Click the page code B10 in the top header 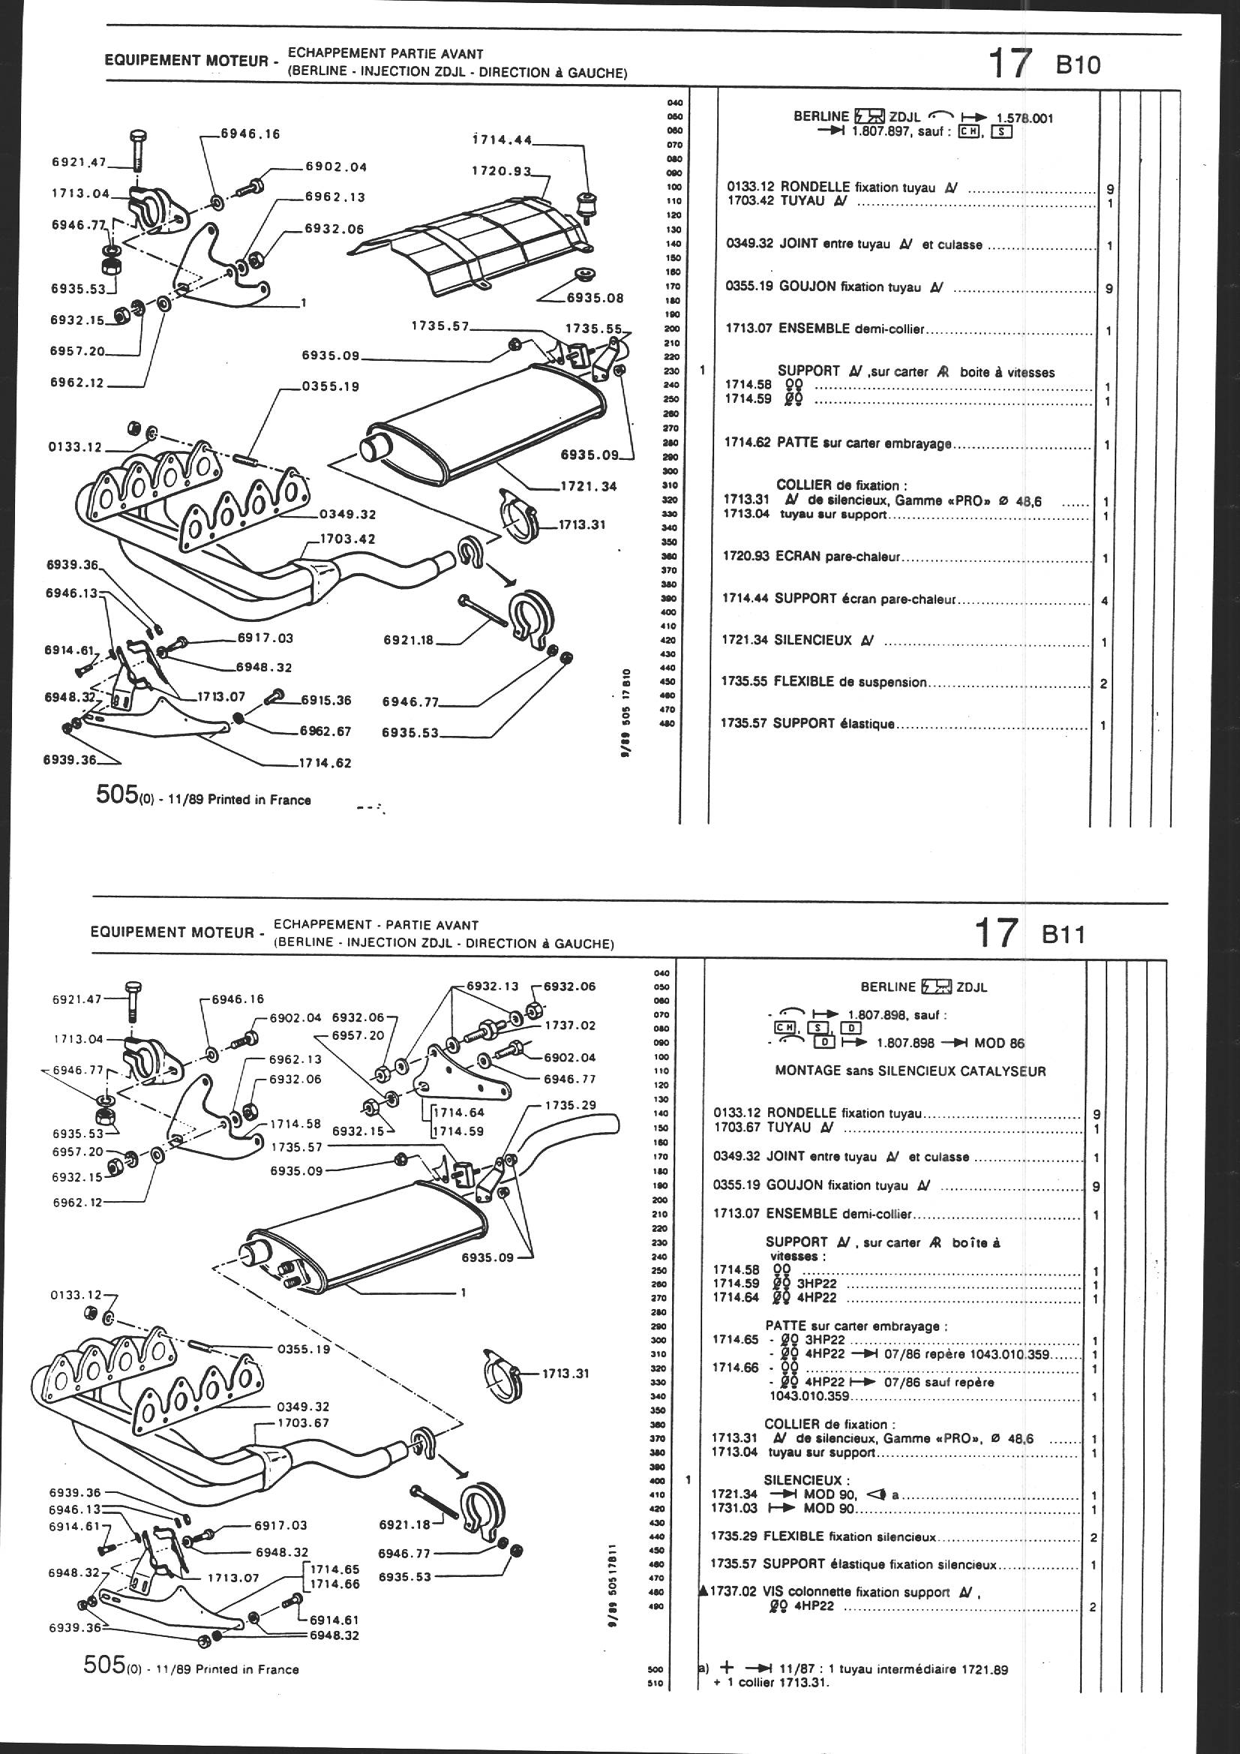1078,65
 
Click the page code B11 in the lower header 1064,935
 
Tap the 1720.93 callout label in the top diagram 500,172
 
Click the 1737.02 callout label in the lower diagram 570,1026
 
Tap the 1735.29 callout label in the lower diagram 570,1105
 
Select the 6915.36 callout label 326,700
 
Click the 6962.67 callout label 326,731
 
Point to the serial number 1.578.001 1025,118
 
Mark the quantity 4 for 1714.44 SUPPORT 1105,601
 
